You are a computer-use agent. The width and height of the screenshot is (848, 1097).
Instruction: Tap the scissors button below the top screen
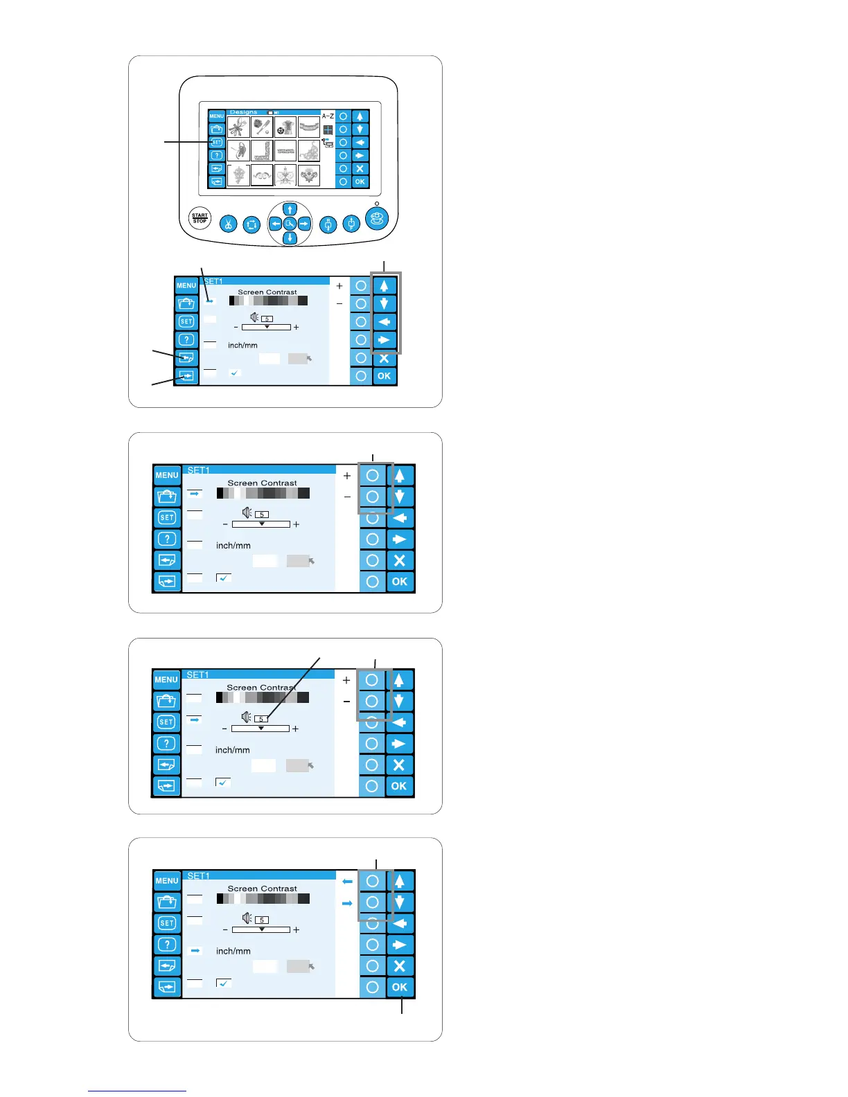pos(228,224)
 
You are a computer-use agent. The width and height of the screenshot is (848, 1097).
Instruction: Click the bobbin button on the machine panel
pos(376,219)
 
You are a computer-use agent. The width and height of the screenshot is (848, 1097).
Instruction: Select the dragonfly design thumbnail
pos(239,127)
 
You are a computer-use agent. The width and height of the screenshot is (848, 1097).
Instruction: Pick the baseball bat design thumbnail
pos(262,127)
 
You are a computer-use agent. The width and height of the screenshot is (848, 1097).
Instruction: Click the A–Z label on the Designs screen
pos(328,116)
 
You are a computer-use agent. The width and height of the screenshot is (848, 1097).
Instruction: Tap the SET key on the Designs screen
pos(217,142)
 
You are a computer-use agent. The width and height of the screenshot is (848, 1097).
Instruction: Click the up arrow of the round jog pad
pos(290,209)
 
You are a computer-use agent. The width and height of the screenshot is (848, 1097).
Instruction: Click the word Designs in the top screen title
pos(243,112)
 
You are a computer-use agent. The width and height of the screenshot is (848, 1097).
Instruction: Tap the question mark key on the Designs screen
pos(217,155)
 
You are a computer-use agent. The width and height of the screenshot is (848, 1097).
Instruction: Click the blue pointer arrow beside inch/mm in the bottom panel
pos(195,951)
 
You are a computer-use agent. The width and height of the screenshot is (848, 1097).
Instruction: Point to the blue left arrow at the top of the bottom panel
pos(347,882)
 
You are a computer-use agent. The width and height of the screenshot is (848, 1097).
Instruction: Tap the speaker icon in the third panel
pos(247,717)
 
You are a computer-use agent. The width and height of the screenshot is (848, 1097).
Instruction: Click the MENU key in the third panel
pos(166,680)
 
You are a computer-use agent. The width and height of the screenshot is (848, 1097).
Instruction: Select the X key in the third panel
pos(399,765)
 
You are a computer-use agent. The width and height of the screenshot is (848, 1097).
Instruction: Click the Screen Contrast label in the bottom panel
pos(262,889)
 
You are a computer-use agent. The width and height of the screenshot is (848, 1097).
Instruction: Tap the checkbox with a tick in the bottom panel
pos(224,983)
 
